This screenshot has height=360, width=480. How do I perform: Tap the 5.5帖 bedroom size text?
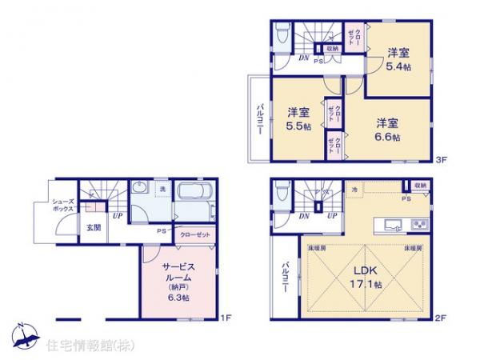click(299, 126)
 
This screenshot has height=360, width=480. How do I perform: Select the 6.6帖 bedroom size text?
click(388, 137)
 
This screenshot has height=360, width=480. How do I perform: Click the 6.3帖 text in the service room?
click(179, 298)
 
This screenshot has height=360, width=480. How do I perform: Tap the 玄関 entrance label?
click(94, 227)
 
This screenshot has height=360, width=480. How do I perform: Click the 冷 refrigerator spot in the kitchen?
click(354, 189)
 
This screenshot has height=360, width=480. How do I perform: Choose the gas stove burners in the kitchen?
click(418, 222)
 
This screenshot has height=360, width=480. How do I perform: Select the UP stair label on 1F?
click(117, 216)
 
